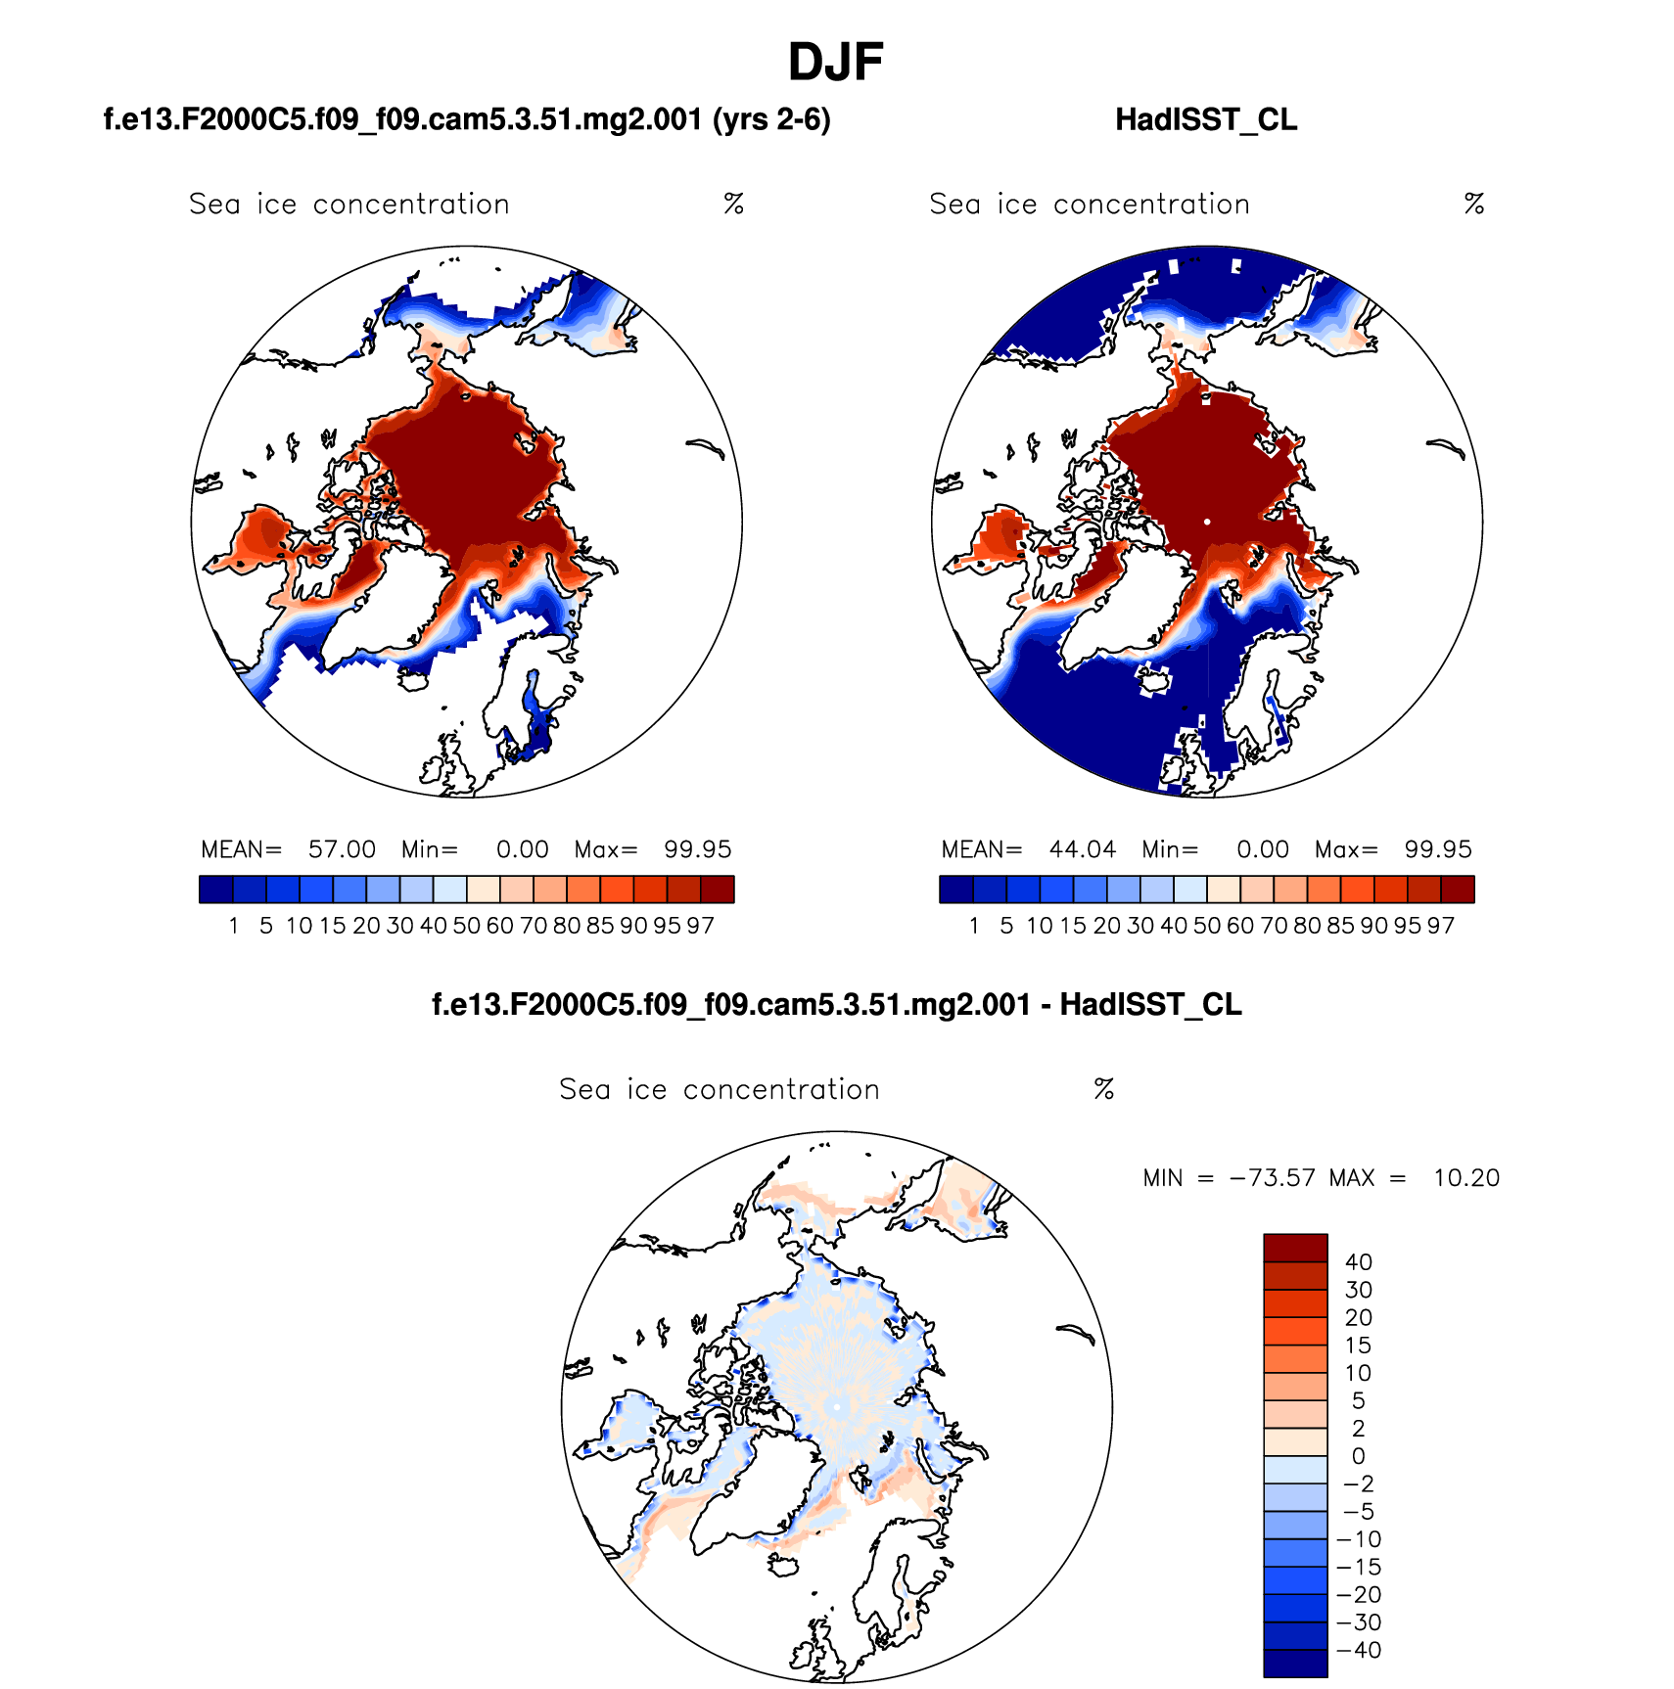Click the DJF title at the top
835,63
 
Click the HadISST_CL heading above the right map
1206,119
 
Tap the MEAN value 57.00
342,849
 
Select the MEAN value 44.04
1082,849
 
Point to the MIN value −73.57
1272,1177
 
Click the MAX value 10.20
1465,1177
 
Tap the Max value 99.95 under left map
697,849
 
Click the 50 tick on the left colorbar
466,926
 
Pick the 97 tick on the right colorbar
1440,926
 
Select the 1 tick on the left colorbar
234,926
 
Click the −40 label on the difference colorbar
1359,1650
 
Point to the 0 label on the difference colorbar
1358,1456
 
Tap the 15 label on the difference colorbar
1358,1346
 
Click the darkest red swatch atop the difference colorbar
1295,1248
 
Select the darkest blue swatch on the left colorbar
215,890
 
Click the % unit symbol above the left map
733,204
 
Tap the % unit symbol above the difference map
1103,1089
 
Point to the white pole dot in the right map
1207,522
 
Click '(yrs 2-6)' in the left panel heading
771,119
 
